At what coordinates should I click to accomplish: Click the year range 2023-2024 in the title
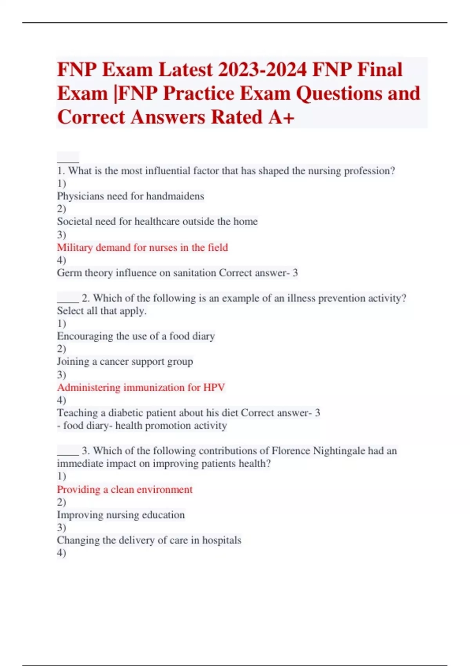click(262, 70)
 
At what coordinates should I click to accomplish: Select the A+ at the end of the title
click(281, 117)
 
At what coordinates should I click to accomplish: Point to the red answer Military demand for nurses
click(142, 248)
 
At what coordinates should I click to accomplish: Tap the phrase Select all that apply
click(101, 311)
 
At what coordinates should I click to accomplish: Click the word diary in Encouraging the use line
click(203, 336)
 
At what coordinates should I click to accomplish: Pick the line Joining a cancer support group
click(125, 362)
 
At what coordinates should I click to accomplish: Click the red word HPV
click(214, 387)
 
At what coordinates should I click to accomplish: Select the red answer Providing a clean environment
click(125, 490)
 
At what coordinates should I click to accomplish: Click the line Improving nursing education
click(121, 515)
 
